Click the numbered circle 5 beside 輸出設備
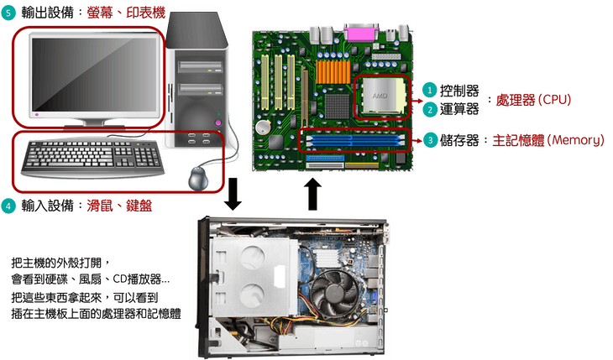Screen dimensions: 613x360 pyautogui.click(x=8, y=13)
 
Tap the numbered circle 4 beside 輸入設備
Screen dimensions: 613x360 pyautogui.click(x=8, y=206)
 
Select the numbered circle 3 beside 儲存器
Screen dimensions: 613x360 pyautogui.click(x=430, y=140)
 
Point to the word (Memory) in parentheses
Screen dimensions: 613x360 pyautogui.click(x=575, y=140)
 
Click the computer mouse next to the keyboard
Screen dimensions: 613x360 pyautogui.click(x=199, y=179)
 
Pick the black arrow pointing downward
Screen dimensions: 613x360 pyautogui.click(x=233, y=194)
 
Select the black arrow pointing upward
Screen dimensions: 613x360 pyautogui.click(x=312, y=195)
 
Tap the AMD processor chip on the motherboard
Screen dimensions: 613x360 pyautogui.click(x=382, y=97)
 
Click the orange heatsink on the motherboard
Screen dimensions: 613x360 pyautogui.click(x=333, y=71)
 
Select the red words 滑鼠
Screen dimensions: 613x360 pyautogui.click(x=99, y=206)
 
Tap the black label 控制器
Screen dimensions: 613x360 pyautogui.click(x=459, y=91)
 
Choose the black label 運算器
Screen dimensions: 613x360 pyautogui.click(x=459, y=109)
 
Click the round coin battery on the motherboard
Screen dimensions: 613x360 pyautogui.click(x=263, y=127)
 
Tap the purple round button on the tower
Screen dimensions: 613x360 pyautogui.click(x=218, y=123)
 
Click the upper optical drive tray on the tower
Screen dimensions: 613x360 pyautogui.click(x=200, y=67)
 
